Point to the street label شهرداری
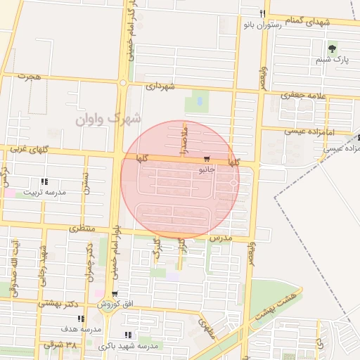coord(159,86)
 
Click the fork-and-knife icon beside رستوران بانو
coord(262,13)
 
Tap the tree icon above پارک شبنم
coord(332,48)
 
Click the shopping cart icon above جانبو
coord(206,159)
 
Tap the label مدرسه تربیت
coord(44,192)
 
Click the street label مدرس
coord(220,239)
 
